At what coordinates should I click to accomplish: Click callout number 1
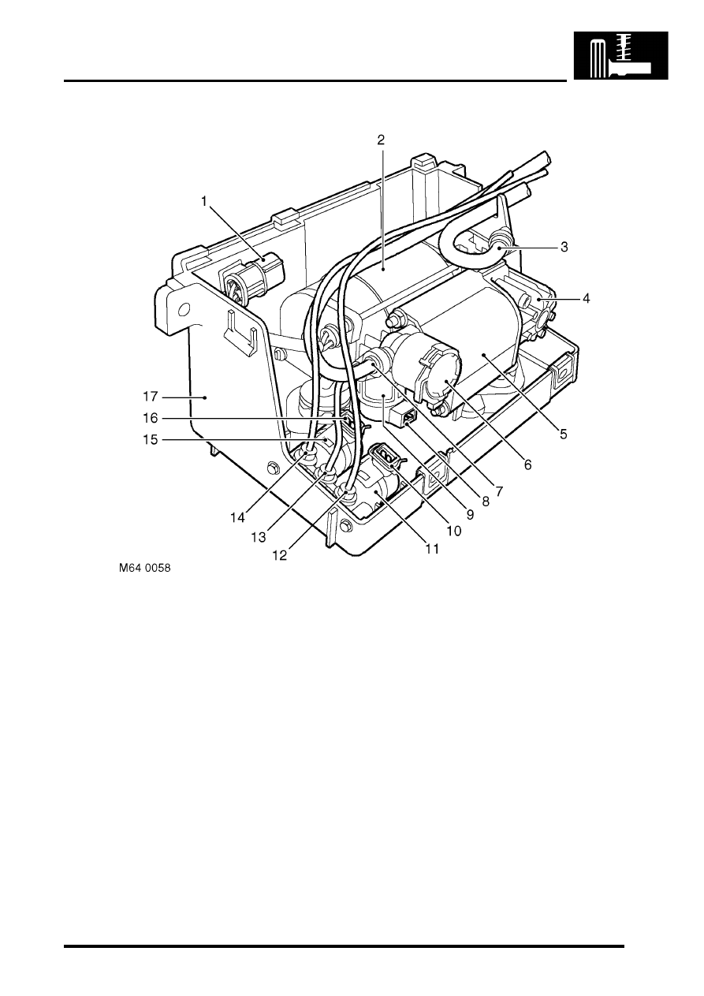pyautogui.click(x=204, y=201)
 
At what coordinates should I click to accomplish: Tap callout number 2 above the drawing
pyautogui.click(x=381, y=140)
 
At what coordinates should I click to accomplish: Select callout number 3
pyautogui.click(x=564, y=247)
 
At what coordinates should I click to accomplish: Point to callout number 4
pyautogui.click(x=587, y=299)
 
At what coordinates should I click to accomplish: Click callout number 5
pyautogui.click(x=564, y=434)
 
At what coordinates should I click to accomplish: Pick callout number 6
pyautogui.click(x=527, y=464)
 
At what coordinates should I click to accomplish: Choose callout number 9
pyautogui.click(x=470, y=514)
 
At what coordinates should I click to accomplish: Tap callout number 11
pyautogui.click(x=432, y=549)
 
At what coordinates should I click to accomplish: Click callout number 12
pyautogui.click(x=280, y=556)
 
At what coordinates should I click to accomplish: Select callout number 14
pyautogui.click(x=238, y=517)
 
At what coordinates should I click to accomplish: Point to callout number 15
pyautogui.click(x=151, y=440)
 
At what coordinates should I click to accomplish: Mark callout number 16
pyautogui.click(x=151, y=418)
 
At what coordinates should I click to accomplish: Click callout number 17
pyautogui.click(x=151, y=396)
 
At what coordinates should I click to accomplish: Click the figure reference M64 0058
pyautogui.click(x=144, y=569)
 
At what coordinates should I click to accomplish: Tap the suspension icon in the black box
pyautogui.click(x=621, y=55)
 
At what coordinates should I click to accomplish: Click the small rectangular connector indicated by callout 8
pyautogui.click(x=404, y=416)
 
